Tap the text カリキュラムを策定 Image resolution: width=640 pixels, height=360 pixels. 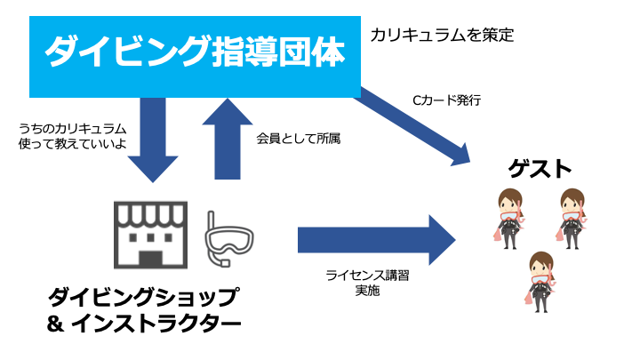pyautogui.click(x=443, y=36)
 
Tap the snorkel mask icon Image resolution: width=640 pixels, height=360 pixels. pyautogui.click(x=228, y=237)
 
